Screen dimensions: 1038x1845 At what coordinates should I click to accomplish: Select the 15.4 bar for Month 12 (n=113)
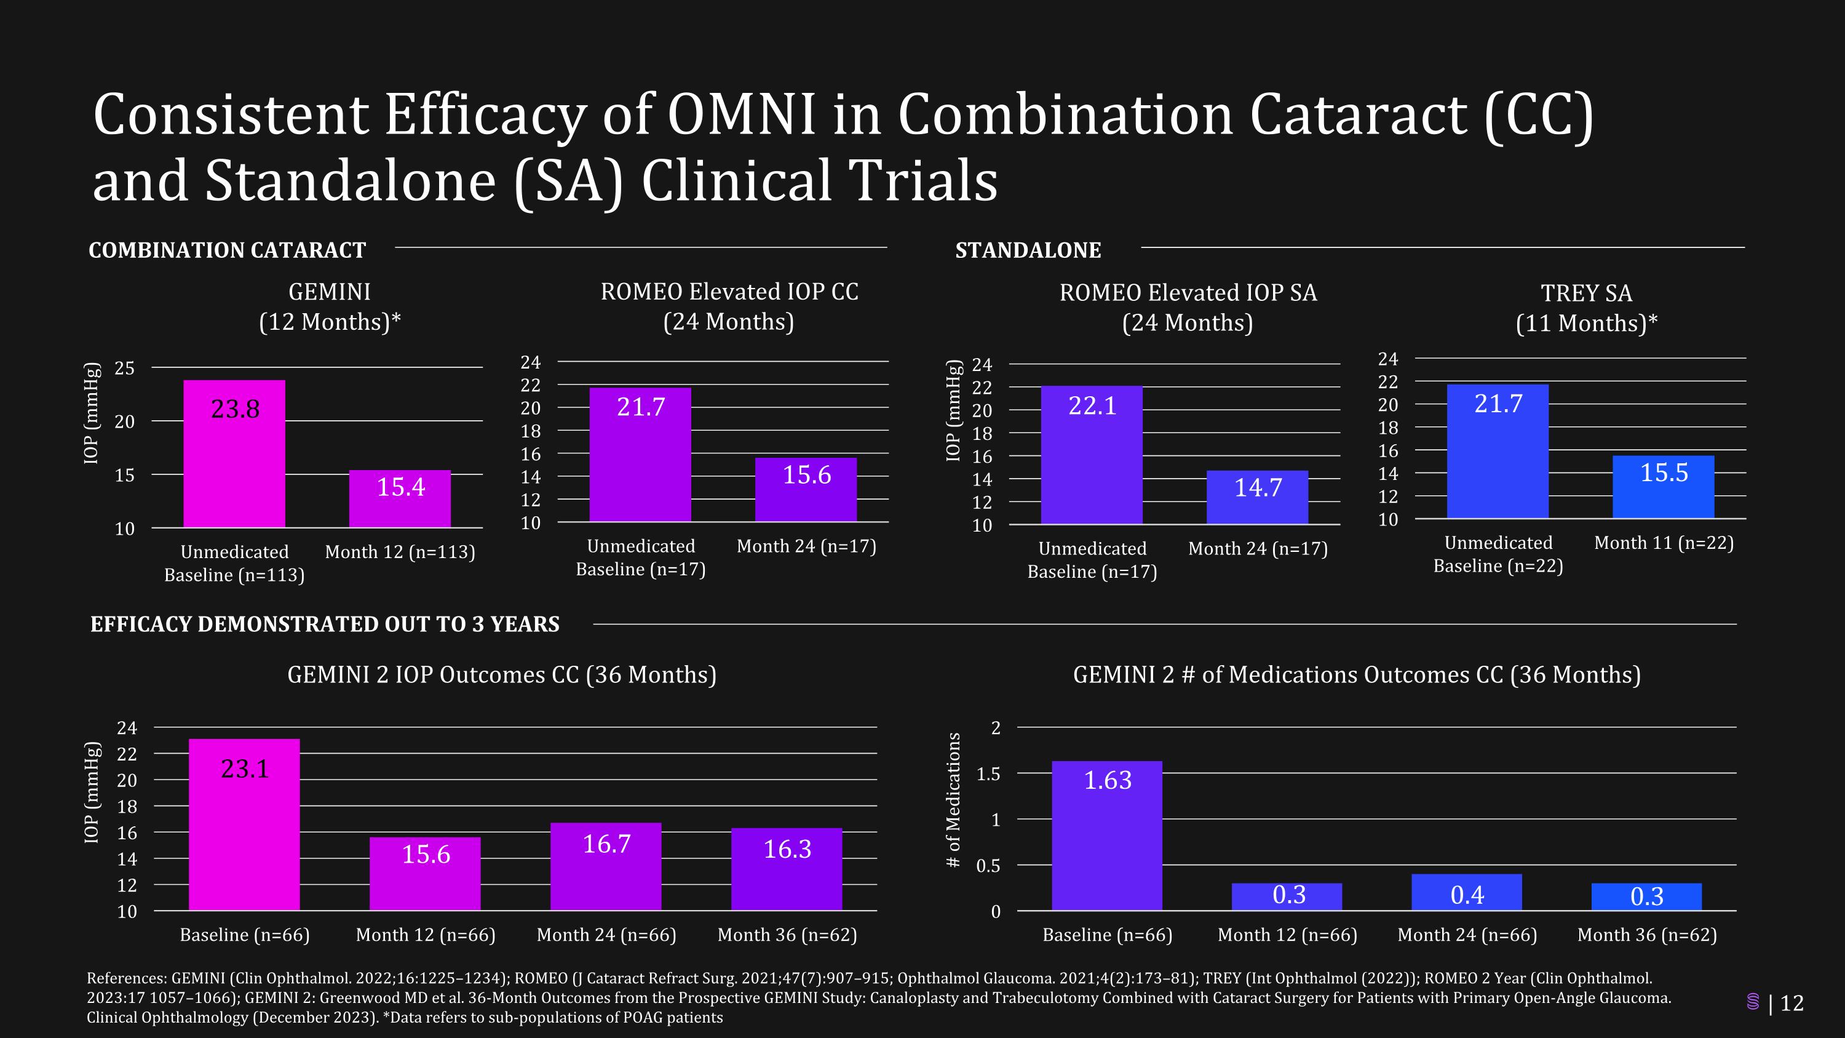click(400, 498)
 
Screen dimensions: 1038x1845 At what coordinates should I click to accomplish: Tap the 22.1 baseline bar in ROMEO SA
click(1092, 455)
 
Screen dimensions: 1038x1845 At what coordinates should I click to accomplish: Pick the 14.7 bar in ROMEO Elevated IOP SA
click(1257, 497)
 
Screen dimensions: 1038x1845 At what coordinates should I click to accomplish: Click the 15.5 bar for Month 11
click(1663, 487)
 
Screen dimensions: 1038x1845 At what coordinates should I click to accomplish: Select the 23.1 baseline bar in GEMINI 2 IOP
click(244, 824)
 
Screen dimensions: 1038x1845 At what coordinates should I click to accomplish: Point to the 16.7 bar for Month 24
click(606, 866)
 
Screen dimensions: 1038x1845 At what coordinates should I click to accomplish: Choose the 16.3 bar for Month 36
click(787, 869)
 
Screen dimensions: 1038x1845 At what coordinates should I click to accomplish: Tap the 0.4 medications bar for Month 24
click(1467, 893)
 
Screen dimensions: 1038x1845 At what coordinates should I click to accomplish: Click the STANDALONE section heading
click(1028, 250)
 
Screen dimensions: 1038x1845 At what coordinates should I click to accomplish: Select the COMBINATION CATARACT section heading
click(227, 250)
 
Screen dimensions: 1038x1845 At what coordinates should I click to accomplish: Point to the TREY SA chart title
click(1587, 308)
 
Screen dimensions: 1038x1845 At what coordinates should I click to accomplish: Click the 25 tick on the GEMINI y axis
click(125, 368)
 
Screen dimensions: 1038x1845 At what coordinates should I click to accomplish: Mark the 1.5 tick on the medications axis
click(988, 773)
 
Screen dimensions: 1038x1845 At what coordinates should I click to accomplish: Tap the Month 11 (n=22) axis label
click(1664, 543)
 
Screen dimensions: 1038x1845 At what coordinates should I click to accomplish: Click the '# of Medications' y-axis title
click(953, 799)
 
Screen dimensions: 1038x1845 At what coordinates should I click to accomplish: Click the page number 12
click(1792, 1003)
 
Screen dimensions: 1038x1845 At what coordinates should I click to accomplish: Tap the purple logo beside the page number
click(1753, 1002)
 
